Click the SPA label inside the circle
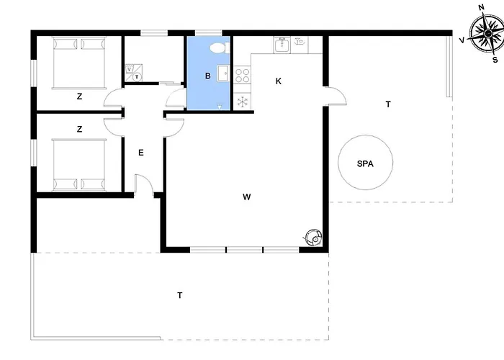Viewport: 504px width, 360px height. coord(365,164)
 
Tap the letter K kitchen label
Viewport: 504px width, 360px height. coord(279,81)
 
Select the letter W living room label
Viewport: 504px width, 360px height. coord(246,197)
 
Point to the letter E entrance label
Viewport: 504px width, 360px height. coord(141,153)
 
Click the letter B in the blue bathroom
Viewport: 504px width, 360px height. coord(207,76)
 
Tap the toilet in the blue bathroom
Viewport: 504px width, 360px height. coord(220,48)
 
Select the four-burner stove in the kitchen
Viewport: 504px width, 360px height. coord(242,75)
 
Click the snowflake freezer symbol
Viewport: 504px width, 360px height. coord(243,102)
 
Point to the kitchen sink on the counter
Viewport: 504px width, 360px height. coord(282,45)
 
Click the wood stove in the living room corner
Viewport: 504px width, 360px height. coord(312,237)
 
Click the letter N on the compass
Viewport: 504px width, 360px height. coord(481,8)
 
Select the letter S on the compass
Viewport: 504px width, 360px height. coord(495,60)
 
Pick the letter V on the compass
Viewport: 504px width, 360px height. coord(462,40)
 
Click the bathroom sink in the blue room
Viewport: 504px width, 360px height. coord(223,73)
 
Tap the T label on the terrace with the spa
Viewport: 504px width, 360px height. coord(388,104)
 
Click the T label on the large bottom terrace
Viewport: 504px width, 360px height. coord(180,295)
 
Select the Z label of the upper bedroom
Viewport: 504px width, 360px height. coord(79,96)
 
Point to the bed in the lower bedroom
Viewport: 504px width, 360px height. coord(78,165)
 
